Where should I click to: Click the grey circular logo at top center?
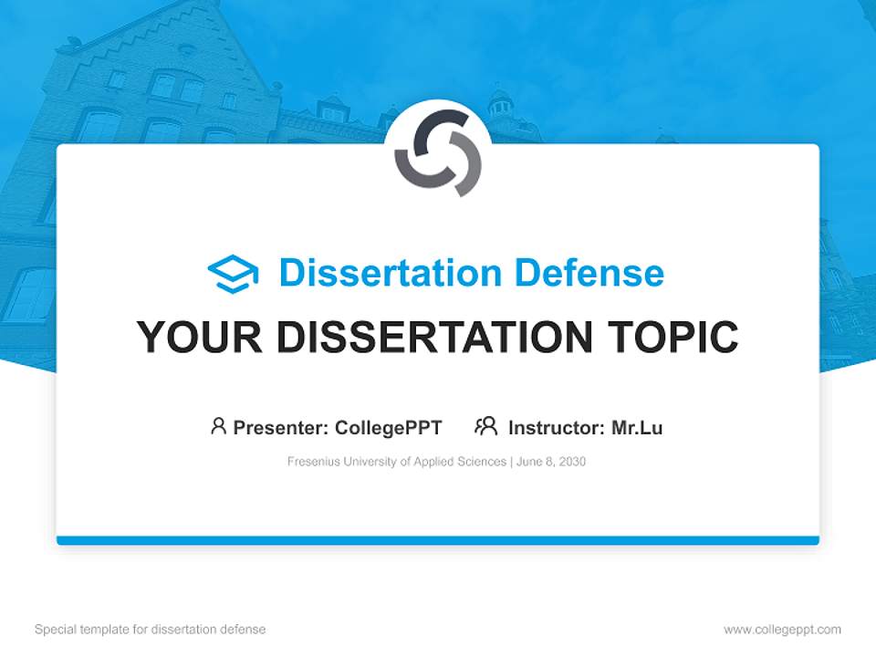pos(438,152)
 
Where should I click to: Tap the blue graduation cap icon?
pos(233,274)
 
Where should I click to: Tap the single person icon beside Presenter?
pos(218,426)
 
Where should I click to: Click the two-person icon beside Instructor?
pos(485,426)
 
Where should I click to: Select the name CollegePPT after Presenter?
pos(389,427)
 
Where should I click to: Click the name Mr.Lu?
pos(637,427)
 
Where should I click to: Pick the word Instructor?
pos(557,427)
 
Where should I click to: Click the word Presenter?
pos(281,427)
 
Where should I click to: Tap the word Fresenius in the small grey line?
pos(313,462)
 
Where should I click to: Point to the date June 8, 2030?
pos(551,462)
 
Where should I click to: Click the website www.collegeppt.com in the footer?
pos(782,630)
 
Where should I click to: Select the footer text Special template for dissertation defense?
pos(150,630)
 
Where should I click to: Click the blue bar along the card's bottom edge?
pos(438,540)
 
